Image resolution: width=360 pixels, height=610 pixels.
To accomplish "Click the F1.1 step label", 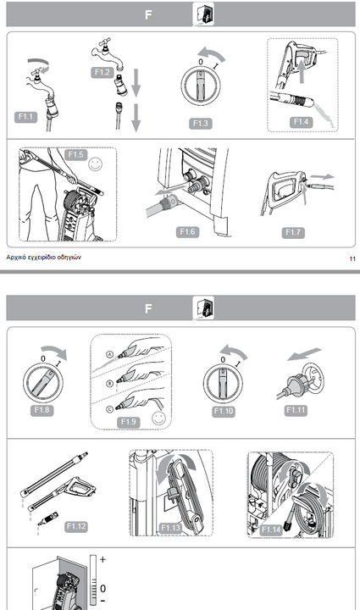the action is (x=25, y=117).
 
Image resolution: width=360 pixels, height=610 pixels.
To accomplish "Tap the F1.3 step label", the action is (x=201, y=124).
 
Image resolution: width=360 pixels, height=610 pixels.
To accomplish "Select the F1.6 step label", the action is (x=187, y=232).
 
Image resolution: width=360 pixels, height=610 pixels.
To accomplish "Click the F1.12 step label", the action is (x=75, y=526).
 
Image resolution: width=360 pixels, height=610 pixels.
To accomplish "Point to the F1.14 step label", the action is (x=271, y=530).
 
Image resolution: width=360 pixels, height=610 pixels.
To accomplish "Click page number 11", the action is (x=352, y=258).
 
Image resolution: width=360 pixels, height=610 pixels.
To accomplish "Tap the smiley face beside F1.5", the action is (x=95, y=164).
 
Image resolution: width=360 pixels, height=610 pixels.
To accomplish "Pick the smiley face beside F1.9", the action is (x=158, y=419).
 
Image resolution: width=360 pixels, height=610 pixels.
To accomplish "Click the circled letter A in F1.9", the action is (x=109, y=354).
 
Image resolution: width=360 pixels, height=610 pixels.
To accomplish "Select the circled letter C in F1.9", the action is (x=109, y=409).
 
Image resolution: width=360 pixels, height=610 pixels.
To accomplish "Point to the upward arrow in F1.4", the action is (x=302, y=70).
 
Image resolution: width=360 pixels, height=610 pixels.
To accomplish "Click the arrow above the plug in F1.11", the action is (x=304, y=353).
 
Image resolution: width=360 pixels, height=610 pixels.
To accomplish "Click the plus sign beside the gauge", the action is (x=102, y=559).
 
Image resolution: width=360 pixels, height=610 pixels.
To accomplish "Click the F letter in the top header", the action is (x=148, y=14).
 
